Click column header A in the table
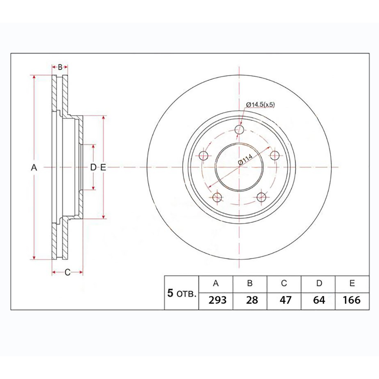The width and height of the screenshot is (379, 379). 216,283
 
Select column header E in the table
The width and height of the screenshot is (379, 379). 352,283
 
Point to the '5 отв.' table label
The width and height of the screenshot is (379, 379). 182,293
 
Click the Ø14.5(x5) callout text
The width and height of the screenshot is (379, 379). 260,105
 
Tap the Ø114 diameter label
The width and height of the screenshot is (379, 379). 245,159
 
